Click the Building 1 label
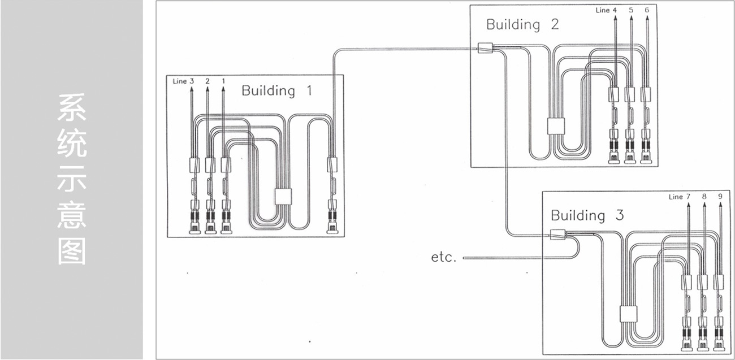click(x=276, y=90)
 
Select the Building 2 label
click(x=522, y=24)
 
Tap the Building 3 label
click(x=586, y=215)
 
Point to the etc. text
click(x=443, y=257)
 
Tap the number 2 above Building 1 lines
click(x=207, y=81)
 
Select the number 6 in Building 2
click(x=647, y=10)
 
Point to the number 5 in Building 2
click(x=631, y=10)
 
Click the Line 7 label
click(x=679, y=197)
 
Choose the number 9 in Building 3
click(x=720, y=197)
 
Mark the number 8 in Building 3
click(x=704, y=197)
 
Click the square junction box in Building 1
click(x=283, y=197)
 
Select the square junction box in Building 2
click(x=556, y=125)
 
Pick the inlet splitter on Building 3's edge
click(x=558, y=233)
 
